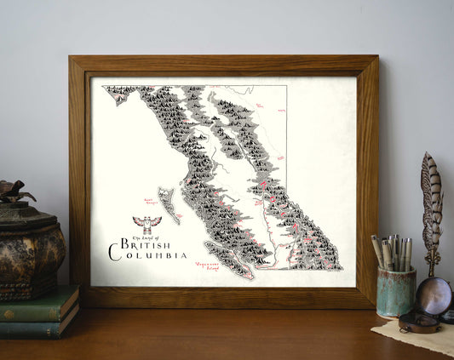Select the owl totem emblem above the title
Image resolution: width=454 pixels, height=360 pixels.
pyautogui.click(x=147, y=224)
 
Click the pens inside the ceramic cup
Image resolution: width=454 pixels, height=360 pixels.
pyautogui.click(x=393, y=252)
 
